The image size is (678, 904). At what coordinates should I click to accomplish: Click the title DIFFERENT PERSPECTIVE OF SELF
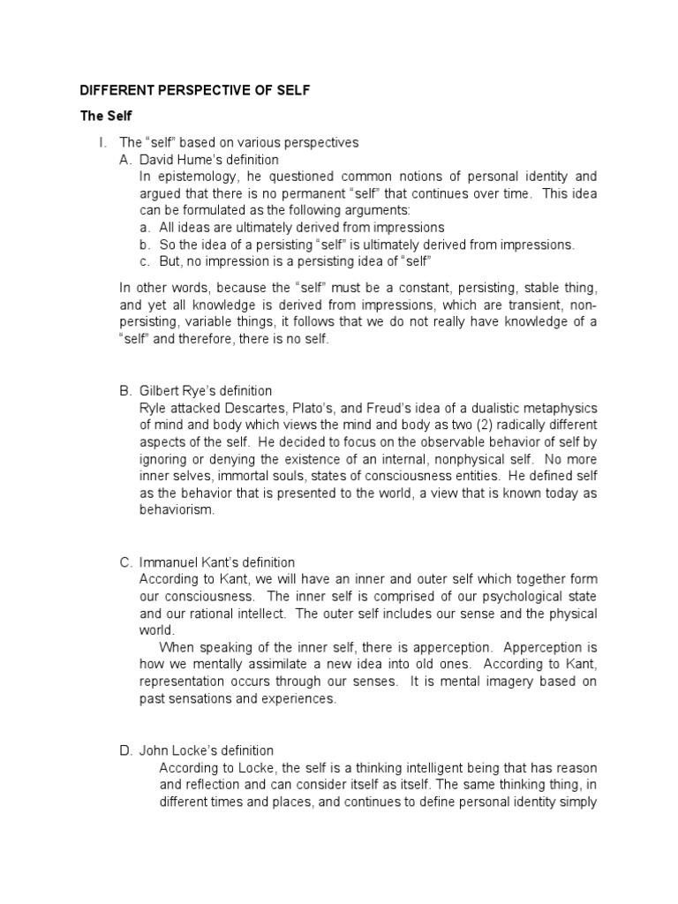click(x=195, y=91)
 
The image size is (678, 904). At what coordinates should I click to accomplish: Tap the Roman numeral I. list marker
click(x=102, y=142)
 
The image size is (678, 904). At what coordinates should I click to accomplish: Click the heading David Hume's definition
click(x=209, y=160)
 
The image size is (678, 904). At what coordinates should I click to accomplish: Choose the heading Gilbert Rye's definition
click(x=206, y=390)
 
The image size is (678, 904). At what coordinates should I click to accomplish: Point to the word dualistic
click(x=490, y=407)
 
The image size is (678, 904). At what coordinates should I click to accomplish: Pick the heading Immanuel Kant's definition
click(x=217, y=561)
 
